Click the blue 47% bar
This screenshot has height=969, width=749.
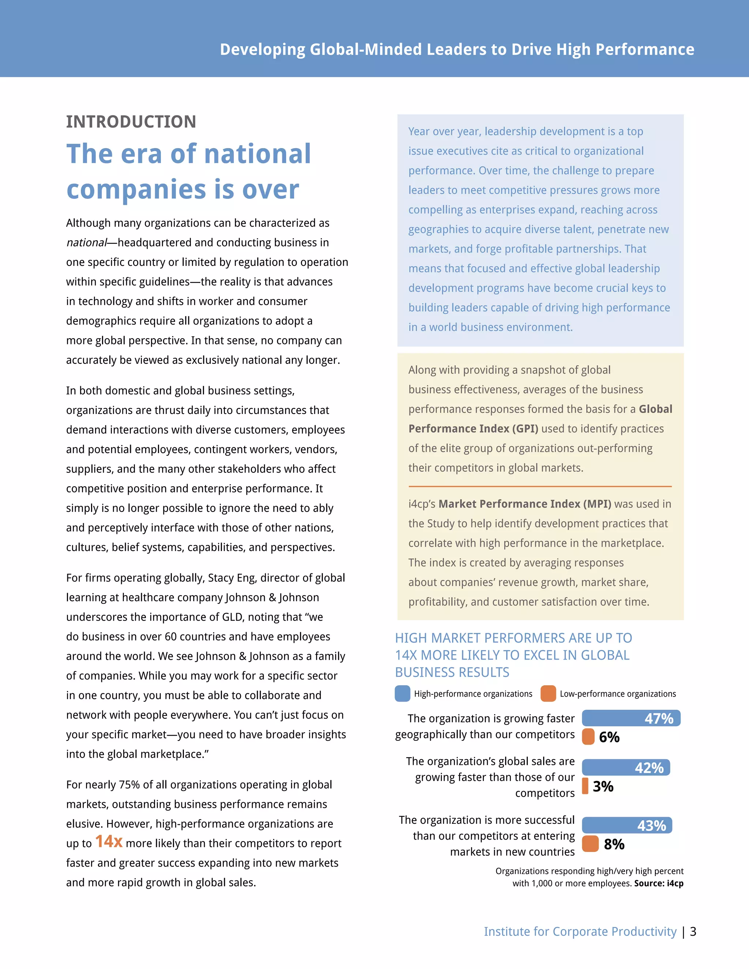tap(631, 718)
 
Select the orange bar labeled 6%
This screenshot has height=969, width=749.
tap(588, 736)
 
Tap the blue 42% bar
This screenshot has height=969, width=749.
tap(626, 767)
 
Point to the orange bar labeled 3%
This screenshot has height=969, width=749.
tap(585, 786)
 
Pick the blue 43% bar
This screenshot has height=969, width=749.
tap(626, 825)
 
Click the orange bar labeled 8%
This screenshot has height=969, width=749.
tap(590, 844)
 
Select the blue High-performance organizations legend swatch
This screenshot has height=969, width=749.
tap(402, 693)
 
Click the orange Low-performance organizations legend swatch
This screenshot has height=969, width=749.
tap(548, 693)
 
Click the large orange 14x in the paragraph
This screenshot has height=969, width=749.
tap(109, 841)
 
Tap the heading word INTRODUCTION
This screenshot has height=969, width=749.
tap(131, 121)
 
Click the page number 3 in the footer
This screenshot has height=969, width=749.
tap(693, 931)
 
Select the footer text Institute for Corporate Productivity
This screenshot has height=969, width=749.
tap(580, 931)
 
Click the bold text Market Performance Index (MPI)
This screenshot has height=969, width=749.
tap(524, 504)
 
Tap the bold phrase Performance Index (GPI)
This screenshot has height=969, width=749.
tap(473, 428)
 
